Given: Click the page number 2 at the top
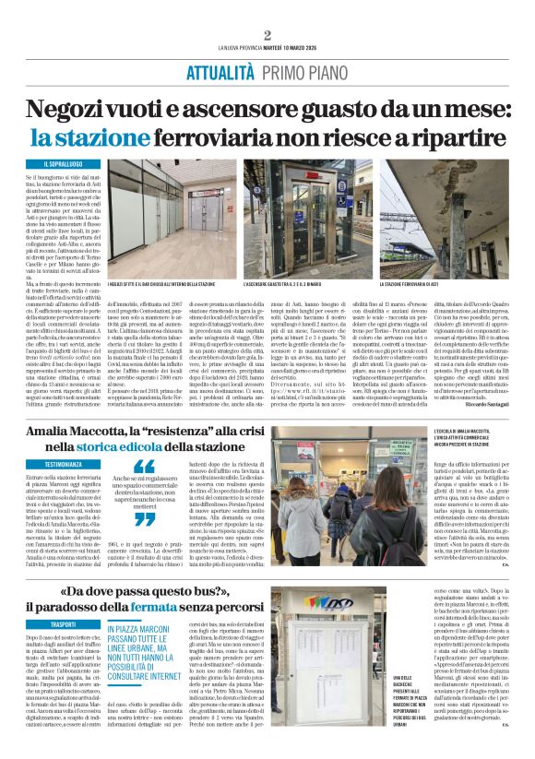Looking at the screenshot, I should point(267,35).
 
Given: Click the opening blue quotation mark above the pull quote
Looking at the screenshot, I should point(145,467).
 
